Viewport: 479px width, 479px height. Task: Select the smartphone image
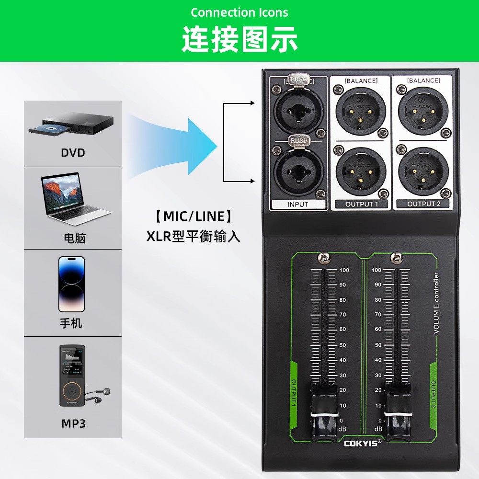pos(71,284)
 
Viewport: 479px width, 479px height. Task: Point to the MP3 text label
pos(72,423)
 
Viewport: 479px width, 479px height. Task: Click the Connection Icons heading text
pos(239,12)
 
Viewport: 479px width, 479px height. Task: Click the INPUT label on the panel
pos(298,204)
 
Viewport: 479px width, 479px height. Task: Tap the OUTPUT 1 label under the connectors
pos(362,204)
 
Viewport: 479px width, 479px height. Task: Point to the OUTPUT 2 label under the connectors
pos(423,204)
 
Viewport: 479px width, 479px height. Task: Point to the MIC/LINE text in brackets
pos(194,217)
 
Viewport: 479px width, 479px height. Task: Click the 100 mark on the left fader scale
pos(344,270)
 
